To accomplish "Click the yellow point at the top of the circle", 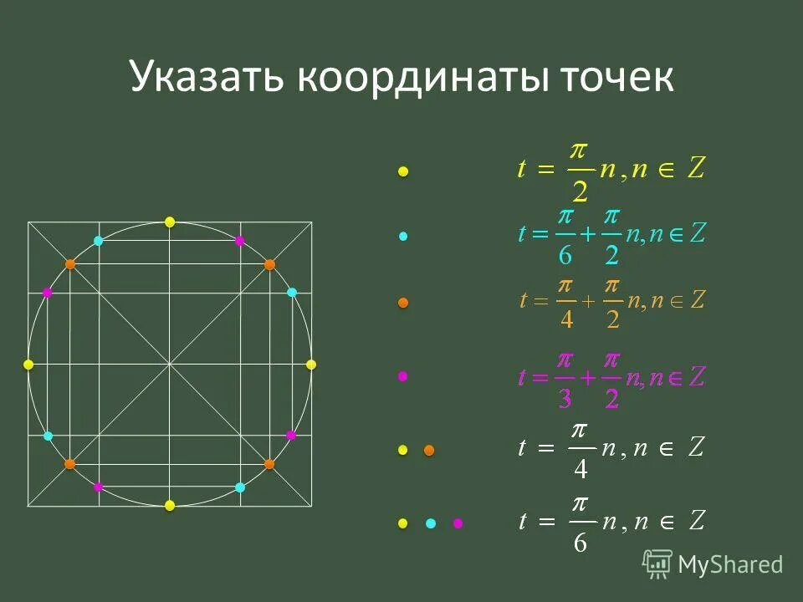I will point(170,222).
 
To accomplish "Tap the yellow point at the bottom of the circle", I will point(170,505).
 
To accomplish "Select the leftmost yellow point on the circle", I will point(28,365).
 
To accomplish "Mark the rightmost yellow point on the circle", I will point(311,365).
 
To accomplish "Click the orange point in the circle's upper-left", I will point(70,264).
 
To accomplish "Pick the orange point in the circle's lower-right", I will point(269,463).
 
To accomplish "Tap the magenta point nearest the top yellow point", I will point(240,241).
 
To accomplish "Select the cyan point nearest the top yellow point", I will point(99,241).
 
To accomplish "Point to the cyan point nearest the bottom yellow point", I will point(240,487).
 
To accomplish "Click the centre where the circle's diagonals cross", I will point(170,365).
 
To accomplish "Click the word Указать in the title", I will point(209,78).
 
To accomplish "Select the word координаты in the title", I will point(435,78).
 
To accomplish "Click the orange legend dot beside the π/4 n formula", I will point(429,451).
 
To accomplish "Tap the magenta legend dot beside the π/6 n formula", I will point(458,523).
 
